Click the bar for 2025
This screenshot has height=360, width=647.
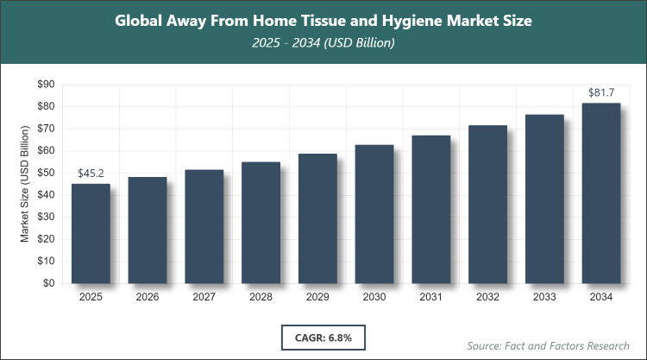(x=91, y=233)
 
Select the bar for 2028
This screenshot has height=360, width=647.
(x=261, y=223)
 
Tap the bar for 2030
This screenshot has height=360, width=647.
(x=374, y=214)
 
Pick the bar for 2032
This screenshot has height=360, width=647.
(x=487, y=204)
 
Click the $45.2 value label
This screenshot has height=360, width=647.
(x=91, y=173)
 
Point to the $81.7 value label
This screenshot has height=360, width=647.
(x=601, y=92)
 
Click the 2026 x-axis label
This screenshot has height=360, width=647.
(x=148, y=297)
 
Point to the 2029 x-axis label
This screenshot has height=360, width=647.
(x=317, y=297)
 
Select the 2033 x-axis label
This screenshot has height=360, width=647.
(x=544, y=297)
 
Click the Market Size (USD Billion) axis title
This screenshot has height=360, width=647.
(x=25, y=183)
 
